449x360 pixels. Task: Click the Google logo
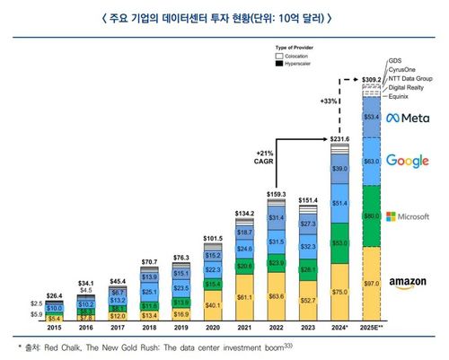[414, 161]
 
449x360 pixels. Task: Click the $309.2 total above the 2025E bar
[372, 79]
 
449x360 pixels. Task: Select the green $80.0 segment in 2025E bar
[372, 216]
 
